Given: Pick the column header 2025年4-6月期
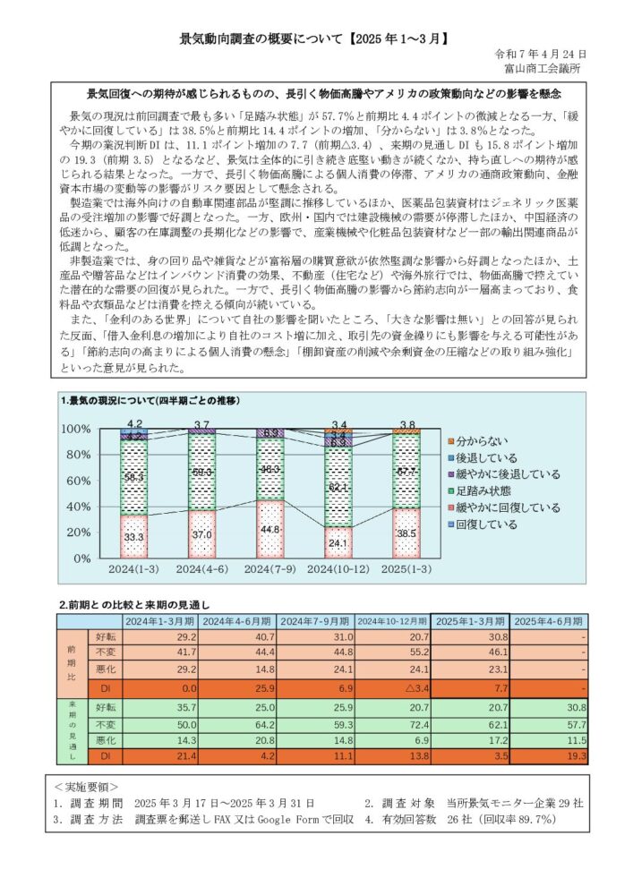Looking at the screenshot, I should point(548,621).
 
